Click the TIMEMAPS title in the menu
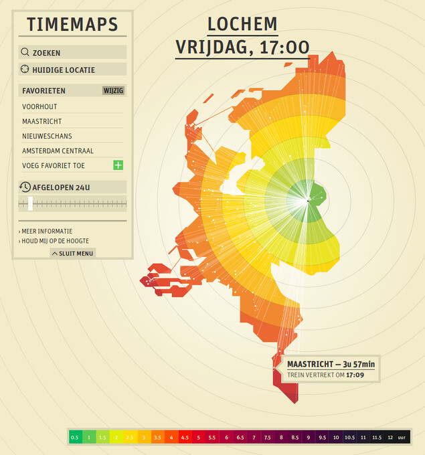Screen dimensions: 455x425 pos(72,25)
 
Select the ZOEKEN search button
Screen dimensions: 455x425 pos(72,52)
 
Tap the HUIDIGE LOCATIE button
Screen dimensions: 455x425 pos(72,70)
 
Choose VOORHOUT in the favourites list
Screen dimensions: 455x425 pos(39,106)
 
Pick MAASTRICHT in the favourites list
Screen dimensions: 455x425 pos(41,121)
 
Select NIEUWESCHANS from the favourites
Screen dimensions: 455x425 pos(47,136)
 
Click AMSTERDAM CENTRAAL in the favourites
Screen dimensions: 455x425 pos(58,151)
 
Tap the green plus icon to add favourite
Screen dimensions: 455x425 pos(118,165)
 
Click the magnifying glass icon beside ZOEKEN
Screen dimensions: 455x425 pos(25,52)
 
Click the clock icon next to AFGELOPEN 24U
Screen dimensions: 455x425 pos(25,187)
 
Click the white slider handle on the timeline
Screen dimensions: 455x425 pos(30,203)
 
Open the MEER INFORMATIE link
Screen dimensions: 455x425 pos(48,231)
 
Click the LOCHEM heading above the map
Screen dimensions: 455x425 pos(242,25)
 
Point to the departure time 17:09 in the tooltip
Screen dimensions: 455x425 pos(355,375)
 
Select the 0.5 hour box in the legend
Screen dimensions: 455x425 pos(75,437)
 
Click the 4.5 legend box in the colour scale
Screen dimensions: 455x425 pos(185,437)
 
